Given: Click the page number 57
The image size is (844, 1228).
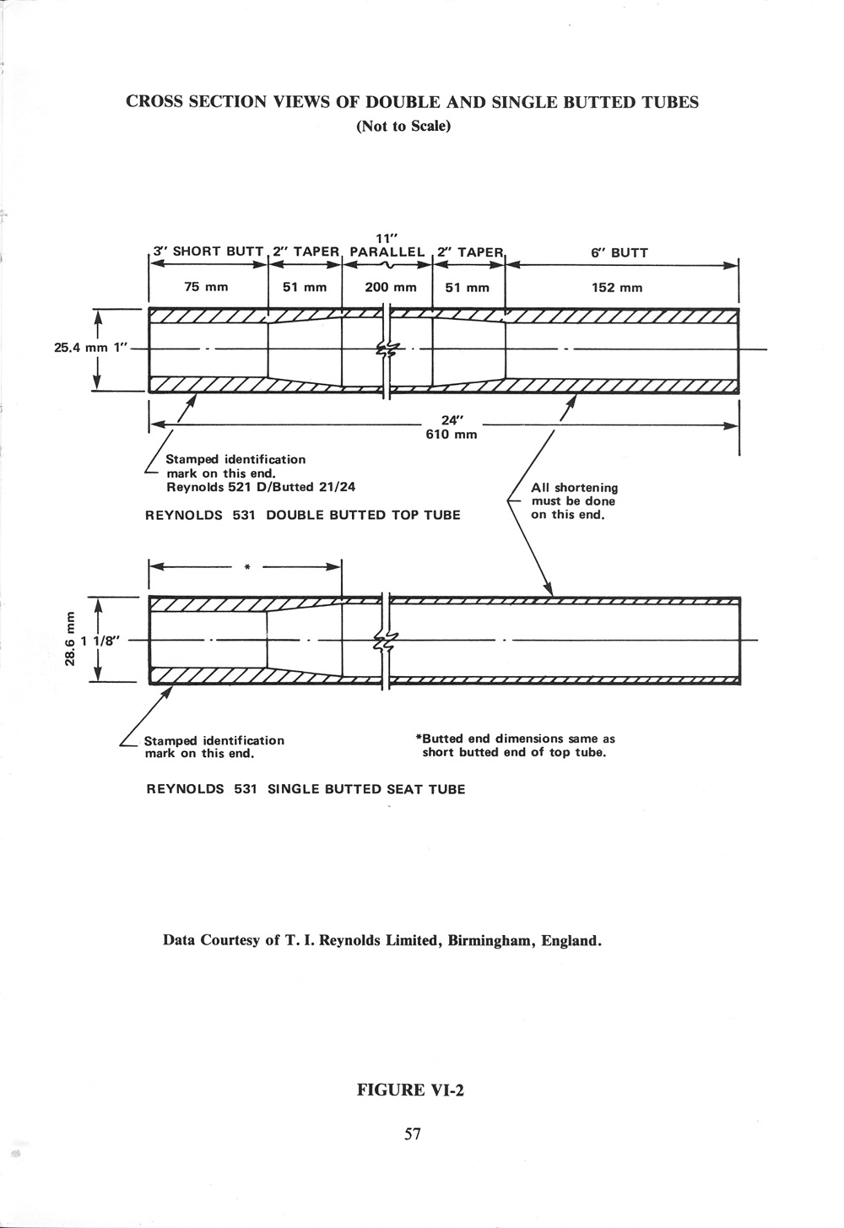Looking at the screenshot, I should (412, 1133).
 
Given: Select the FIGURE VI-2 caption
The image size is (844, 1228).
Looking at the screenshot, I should (411, 1090).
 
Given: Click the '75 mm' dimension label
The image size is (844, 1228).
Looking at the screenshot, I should (207, 287).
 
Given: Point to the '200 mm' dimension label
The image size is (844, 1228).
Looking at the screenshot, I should (391, 287).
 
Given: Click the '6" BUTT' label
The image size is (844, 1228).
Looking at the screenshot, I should (619, 252).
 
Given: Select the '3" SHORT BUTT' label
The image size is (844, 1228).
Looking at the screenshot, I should (208, 252).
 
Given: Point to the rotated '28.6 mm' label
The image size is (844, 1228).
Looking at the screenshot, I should (71, 639).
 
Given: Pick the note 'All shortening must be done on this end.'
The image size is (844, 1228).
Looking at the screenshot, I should (574, 500).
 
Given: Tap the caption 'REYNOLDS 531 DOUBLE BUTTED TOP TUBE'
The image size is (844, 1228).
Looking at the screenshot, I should (303, 515).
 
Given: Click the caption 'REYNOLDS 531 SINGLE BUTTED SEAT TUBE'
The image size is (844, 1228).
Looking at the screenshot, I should (306, 789).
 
